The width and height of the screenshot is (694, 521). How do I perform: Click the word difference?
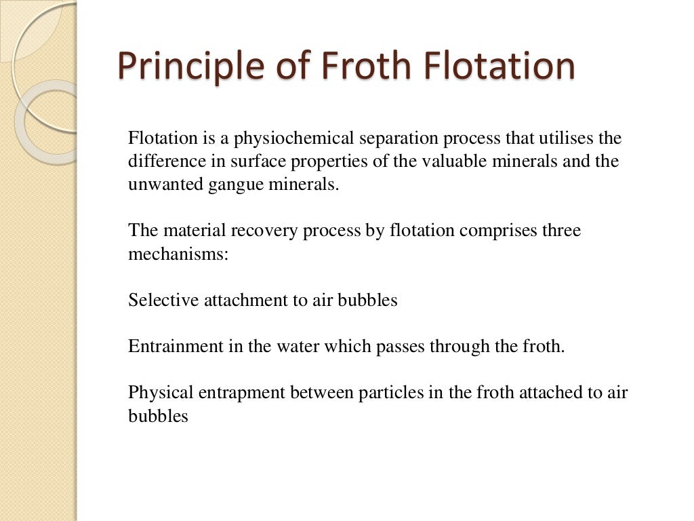pos(161,162)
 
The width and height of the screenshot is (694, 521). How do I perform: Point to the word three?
pos(561,231)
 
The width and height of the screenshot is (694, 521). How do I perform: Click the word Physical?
pos(155,392)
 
